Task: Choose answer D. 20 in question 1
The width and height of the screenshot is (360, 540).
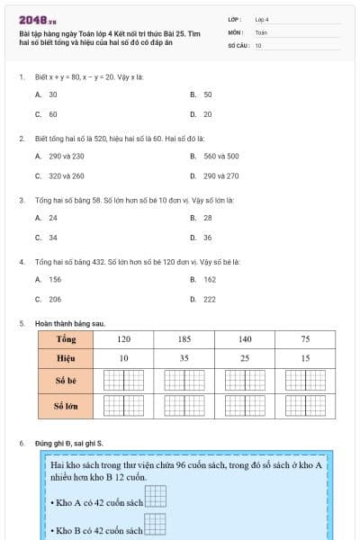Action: coord(202,115)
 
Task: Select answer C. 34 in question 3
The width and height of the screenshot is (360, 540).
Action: coord(47,238)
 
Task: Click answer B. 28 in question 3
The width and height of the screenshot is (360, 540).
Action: coord(202,218)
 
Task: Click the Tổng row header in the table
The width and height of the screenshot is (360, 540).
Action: coord(66,339)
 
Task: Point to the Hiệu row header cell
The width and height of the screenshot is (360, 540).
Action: coord(66,359)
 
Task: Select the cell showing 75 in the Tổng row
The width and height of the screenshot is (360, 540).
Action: coord(305,339)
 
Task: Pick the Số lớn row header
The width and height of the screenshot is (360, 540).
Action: coord(66,407)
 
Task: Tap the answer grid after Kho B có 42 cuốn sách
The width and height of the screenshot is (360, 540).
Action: coord(156,526)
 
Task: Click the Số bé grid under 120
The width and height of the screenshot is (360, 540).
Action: coord(123,381)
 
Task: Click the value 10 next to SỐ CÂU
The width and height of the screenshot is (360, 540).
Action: coord(258,45)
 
